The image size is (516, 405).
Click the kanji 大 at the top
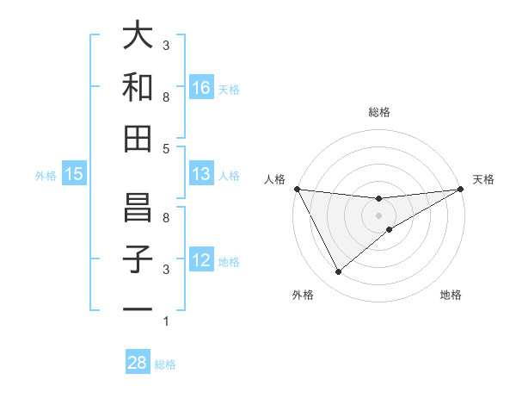[138, 35]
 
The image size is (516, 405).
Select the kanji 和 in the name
[138, 87]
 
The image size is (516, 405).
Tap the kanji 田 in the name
[138, 139]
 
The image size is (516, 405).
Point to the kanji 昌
[138, 208]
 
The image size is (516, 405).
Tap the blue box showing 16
[201, 87]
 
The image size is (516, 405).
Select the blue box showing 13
[201, 175]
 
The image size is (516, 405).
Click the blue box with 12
[201, 261]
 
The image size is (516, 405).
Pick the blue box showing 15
[74, 175]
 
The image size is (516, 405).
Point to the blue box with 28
[138, 363]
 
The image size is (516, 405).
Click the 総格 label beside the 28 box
[165, 364]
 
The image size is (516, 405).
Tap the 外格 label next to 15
[46, 176]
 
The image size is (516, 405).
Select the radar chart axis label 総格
[378, 112]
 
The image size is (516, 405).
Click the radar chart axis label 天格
[483, 179]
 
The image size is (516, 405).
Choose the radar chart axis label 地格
[451, 295]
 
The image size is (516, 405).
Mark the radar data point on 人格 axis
[297, 189]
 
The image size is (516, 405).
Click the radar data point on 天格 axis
[460, 189]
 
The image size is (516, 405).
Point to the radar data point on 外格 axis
[338, 271]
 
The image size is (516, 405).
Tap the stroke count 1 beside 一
[165, 321]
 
